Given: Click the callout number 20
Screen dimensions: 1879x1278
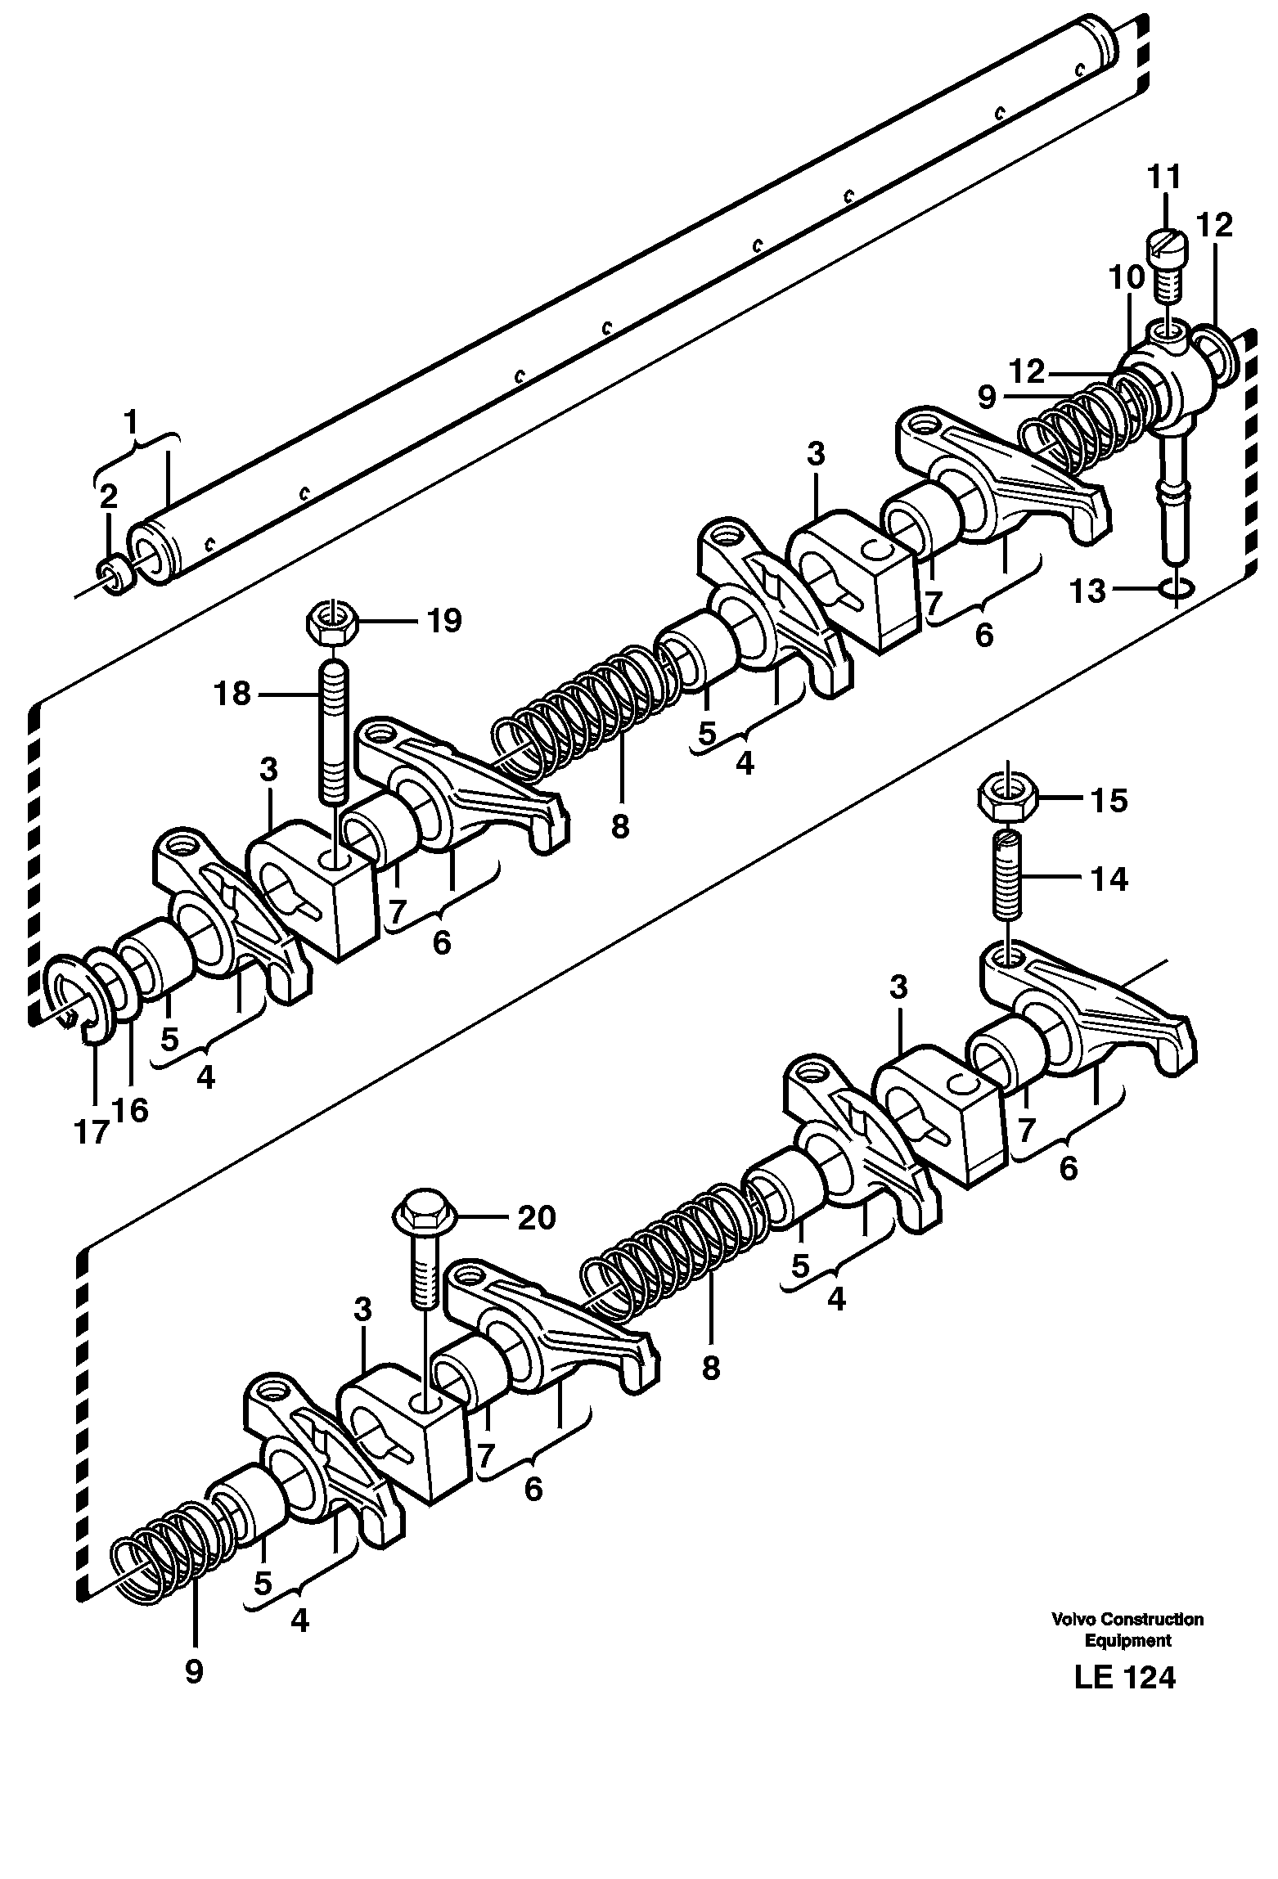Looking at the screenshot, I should [x=536, y=1218].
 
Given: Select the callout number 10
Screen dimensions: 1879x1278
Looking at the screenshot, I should [x=1127, y=277].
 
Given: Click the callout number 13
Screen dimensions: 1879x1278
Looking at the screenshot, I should [x=1089, y=591].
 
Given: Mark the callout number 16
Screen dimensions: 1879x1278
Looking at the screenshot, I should [x=132, y=1110].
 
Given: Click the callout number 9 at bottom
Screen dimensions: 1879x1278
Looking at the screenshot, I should [x=194, y=1672].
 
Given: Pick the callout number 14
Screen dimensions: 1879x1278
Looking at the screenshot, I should [x=1109, y=879].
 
